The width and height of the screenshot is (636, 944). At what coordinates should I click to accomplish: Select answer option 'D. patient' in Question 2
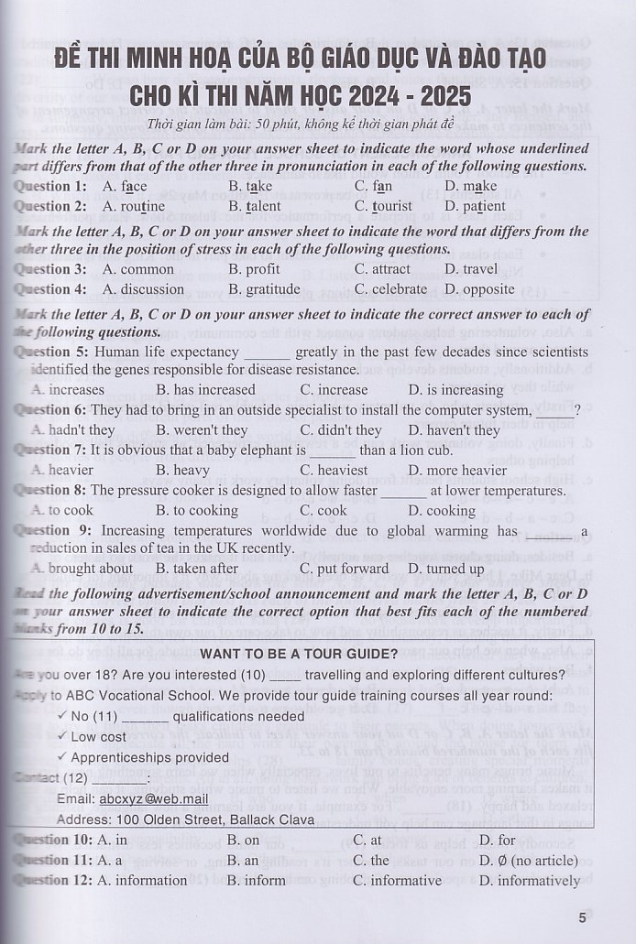tap(475, 206)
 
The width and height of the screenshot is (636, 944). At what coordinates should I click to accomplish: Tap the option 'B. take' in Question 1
tap(250, 186)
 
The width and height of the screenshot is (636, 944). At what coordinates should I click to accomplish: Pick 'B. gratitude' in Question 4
tap(264, 289)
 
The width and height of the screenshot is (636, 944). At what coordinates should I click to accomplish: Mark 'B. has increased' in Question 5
tap(205, 390)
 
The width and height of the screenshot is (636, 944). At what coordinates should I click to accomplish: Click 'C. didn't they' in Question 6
tap(341, 430)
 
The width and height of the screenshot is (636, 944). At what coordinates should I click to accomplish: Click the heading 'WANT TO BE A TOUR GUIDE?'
tap(299, 654)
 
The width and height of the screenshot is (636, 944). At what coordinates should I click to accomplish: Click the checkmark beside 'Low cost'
tap(61, 736)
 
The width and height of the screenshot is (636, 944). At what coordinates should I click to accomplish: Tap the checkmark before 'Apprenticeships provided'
tap(61, 757)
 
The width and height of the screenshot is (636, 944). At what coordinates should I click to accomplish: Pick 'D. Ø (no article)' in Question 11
tap(528, 861)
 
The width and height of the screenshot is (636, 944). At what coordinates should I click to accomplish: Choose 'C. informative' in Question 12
tap(397, 881)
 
